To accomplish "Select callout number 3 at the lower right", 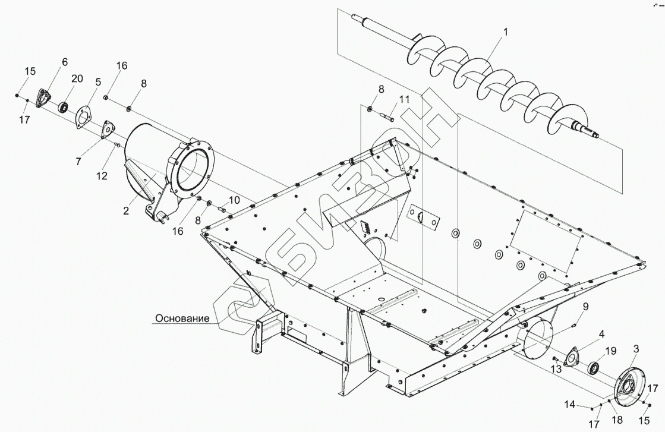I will pyautogui.click(x=636, y=348).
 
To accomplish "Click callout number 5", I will pyautogui.click(x=98, y=81).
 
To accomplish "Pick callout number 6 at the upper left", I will pyautogui.click(x=64, y=62).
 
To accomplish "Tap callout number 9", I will pyautogui.click(x=585, y=306).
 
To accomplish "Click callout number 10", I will pyautogui.click(x=234, y=200).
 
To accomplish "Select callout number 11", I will pyautogui.click(x=404, y=100).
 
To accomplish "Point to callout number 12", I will pyautogui.click(x=102, y=176).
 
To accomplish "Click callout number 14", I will pyautogui.click(x=569, y=405).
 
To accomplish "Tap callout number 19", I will pyautogui.click(x=610, y=351).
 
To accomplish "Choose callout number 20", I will pyautogui.click(x=77, y=79).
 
